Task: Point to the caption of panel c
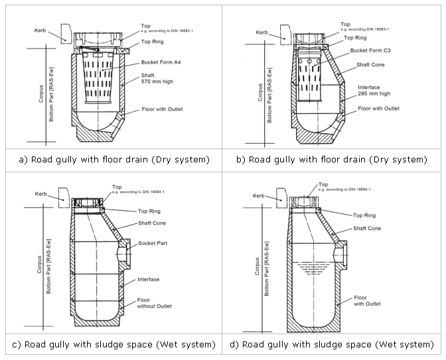111,344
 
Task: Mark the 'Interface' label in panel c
149,280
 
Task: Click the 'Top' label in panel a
145,26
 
